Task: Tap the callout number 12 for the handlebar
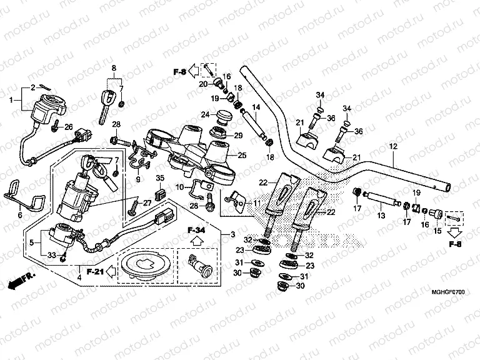click(x=393, y=146)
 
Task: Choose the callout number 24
click(x=205, y=114)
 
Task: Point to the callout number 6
click(x=19, y=215)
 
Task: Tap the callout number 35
click(x=159, y=178)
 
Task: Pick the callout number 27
click(x=147, y=202)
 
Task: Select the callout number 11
click(x=256, y=203)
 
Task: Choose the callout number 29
click(x=238, y=136)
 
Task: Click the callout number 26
click(x=69, y=126)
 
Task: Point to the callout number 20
click(x=203, y=84)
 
